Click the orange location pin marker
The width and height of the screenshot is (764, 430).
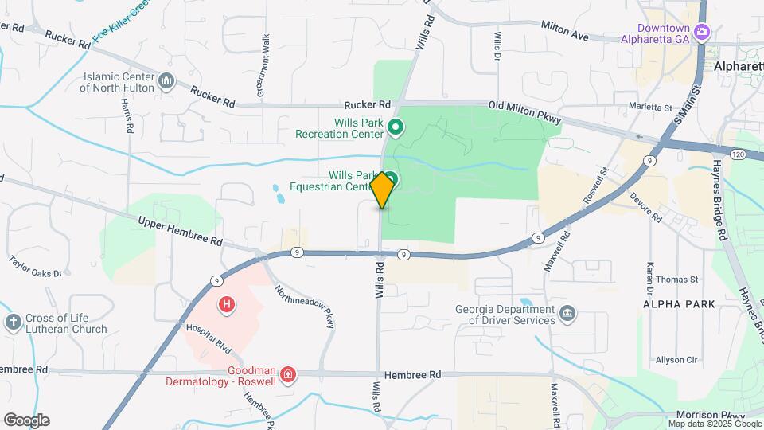[382, 190]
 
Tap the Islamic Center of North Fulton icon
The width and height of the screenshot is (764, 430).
[167, 80]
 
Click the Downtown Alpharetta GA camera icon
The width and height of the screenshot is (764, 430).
[702, 33]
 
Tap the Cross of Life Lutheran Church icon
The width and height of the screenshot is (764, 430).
[13, 322]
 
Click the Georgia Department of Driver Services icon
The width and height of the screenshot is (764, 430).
[567, 315]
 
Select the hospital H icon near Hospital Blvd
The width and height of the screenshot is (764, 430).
[228, 304]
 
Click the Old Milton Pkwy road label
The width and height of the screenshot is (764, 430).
[525, 112]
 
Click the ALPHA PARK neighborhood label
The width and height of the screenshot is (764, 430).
[680, 304]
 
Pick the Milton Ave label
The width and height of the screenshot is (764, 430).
[564, 31]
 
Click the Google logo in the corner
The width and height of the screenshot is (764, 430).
[26, 420]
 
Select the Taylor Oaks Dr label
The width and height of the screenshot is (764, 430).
[35, 266]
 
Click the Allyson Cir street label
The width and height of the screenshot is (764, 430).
[676, 360]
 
